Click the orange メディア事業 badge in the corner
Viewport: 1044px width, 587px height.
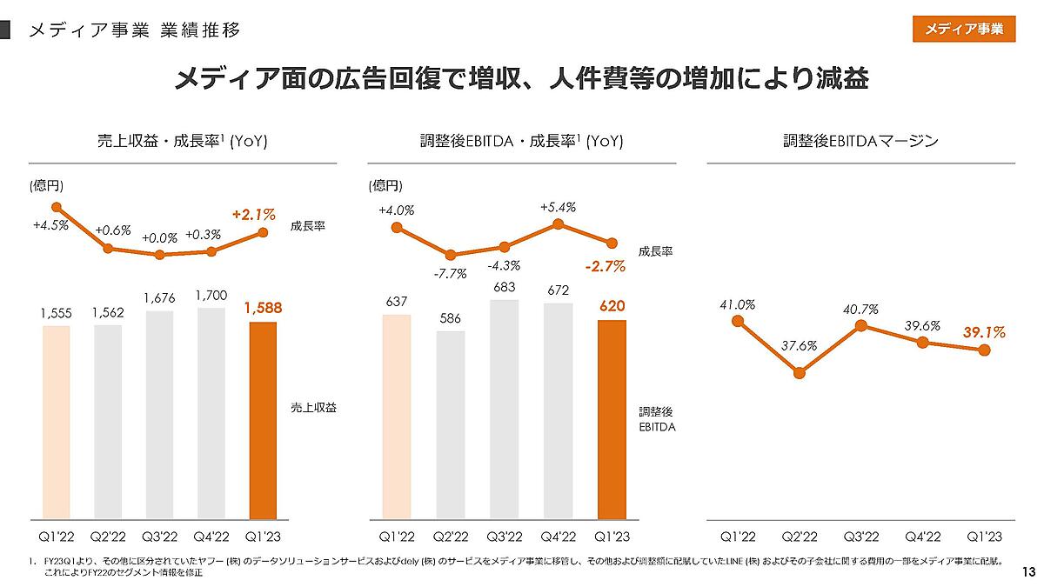click(964, 29)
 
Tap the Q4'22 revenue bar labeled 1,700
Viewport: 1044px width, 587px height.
click(211, 413)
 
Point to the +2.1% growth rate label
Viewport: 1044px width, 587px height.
click(253, 213)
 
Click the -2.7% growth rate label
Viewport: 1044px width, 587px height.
click(605, 267)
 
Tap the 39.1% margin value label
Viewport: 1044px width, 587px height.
click(984, 332)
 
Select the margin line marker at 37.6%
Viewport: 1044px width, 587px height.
click(800, 373)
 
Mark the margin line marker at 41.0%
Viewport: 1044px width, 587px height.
click(738, 321)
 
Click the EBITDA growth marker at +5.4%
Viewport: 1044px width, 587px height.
click(558, 224)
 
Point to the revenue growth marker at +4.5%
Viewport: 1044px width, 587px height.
click(57, 207)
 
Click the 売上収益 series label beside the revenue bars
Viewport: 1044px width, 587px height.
click(313, 407)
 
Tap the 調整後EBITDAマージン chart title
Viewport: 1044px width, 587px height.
click(860, 141)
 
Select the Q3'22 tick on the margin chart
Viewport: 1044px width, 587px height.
click(860, 537)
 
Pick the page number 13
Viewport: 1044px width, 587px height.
click(1028, 571)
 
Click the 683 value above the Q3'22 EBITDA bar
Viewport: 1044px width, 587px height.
click(505, 287)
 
